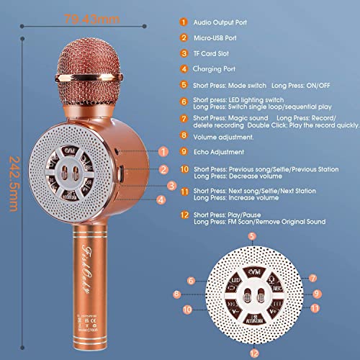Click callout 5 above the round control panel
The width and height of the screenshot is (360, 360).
click(251, 236)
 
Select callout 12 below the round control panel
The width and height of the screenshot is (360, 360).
click(252, 352)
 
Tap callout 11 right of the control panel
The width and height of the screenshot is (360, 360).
click(315, 307)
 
